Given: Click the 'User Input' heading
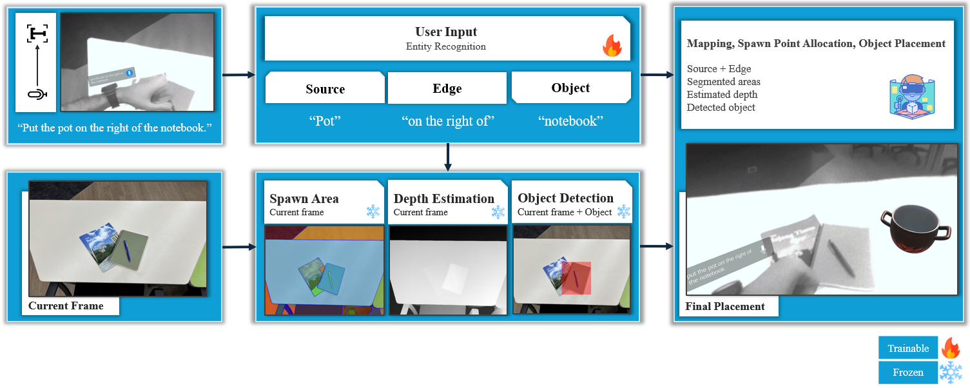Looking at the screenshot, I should coord(446,32).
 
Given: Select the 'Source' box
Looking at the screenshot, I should coord(325,89).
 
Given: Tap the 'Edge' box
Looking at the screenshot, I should coord(447,89).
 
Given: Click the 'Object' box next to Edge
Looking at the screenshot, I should coord(570,88).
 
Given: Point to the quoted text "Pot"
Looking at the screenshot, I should coord(325,121).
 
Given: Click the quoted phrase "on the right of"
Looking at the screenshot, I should coord(447,121).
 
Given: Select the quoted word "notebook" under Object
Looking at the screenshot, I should coord(570,121).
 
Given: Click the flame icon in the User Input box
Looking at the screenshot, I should coord(612,46).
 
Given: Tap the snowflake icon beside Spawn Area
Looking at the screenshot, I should coord(373,211).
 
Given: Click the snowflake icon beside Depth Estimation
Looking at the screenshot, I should coord(498,211).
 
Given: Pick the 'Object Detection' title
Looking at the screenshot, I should coord(565,199).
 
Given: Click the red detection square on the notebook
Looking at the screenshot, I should coord(576,278).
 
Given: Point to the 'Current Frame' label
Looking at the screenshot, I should coord(66,306).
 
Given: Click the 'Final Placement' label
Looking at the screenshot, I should coord(725,307).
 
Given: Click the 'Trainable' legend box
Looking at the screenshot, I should coord(907,349).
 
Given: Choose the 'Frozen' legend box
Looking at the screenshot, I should coord(907,373).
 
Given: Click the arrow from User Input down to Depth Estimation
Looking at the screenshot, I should coord(447,157).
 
